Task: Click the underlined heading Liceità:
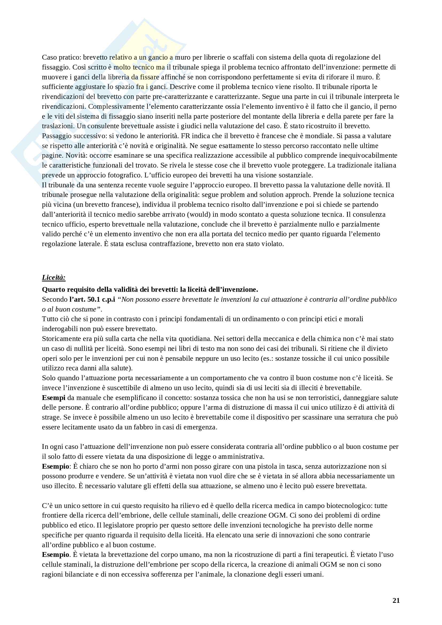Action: tap(54, 277)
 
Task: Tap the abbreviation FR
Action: tap(185, 136)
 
